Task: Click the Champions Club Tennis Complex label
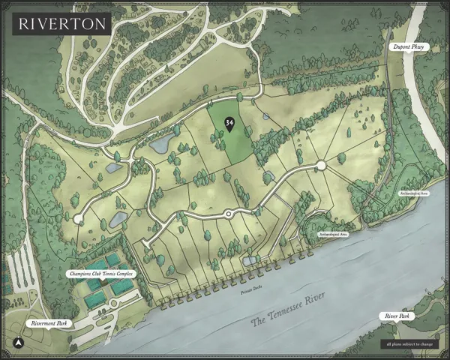pos(100,273)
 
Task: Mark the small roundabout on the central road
pos(229,214)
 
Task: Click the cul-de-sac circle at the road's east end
pos(320,165)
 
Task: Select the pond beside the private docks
pos(250,260)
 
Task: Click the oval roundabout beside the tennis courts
pos(114,304)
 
